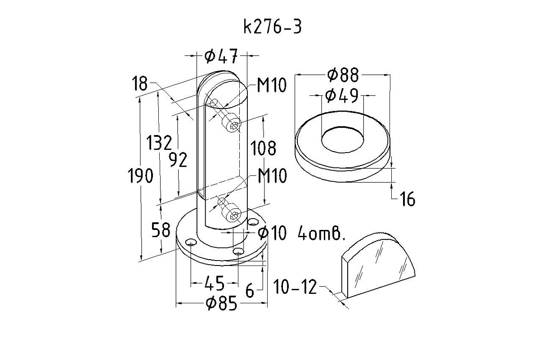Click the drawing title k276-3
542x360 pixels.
click(x=273, y=27)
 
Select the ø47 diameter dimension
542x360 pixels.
click(x=221, y=56)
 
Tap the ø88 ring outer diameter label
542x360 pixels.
click(x=343, y=75)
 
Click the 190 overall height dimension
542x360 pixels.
click(x=141, y=175)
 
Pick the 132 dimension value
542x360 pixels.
click(x=160, y=143)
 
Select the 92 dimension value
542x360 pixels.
click(x=178, y=160)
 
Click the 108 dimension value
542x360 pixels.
click(x=263, y=148)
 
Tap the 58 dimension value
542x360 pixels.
click(x=161, y=230)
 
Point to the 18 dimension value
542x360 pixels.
click(x=140, y=83)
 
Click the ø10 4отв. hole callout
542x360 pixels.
click(x=301, y=233)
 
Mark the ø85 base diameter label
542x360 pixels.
click(x=221, y=304)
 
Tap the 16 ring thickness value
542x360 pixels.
click(x=408, y=199)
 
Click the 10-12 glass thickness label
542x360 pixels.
click(x=295, y=287)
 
